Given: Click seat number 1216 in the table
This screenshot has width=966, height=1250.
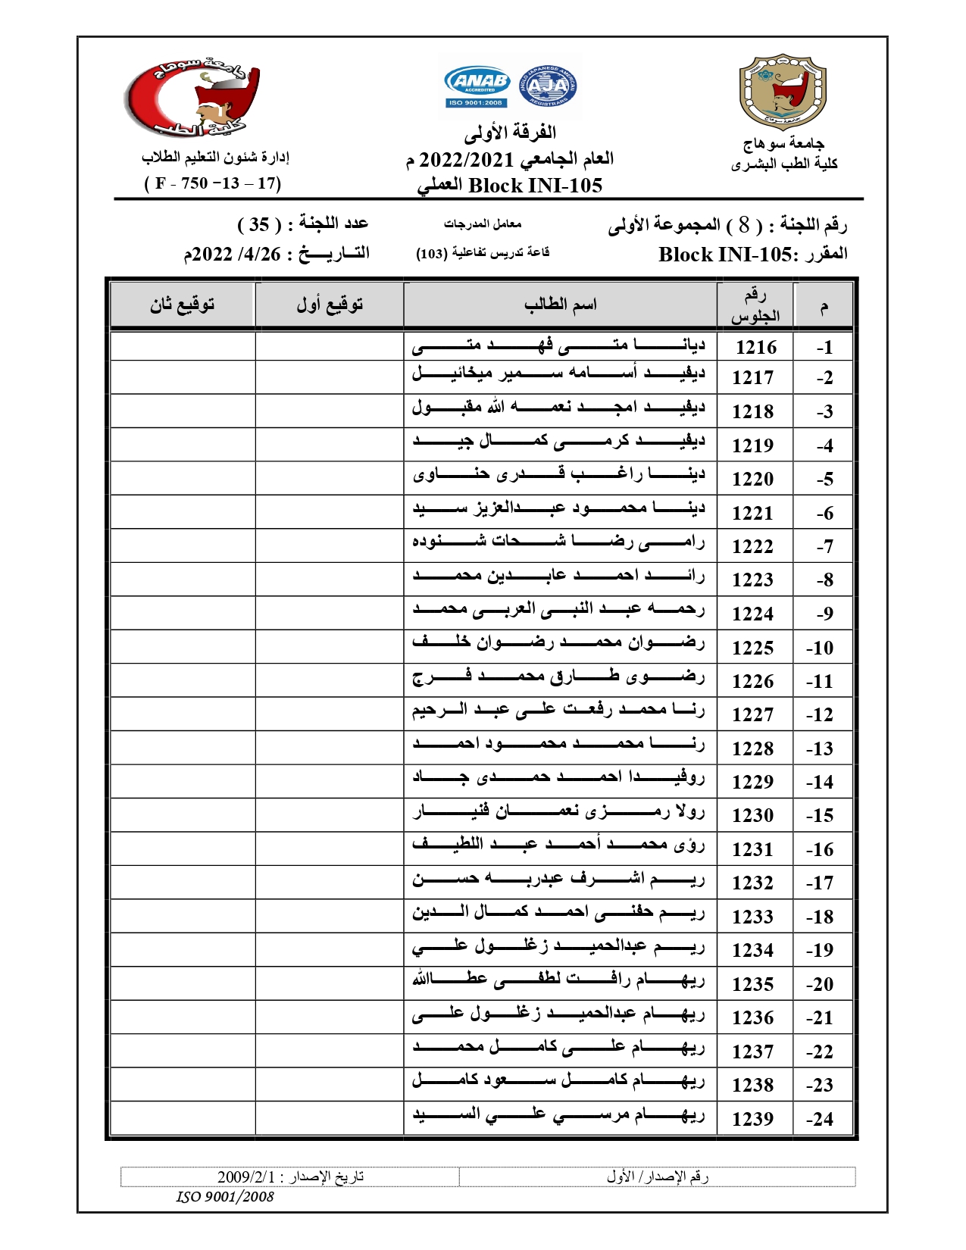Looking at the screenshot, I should [755, 347].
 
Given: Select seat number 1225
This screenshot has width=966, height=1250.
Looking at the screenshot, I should [752, 648].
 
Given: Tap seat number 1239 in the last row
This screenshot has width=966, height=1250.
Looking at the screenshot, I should [752, 1119].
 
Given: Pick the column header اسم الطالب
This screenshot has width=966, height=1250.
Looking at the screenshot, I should [560, 305].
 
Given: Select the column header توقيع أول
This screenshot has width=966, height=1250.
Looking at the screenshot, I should [330, 305].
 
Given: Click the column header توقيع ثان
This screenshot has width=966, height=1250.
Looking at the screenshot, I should [182, 305].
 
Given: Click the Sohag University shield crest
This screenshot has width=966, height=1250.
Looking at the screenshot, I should [783, 91].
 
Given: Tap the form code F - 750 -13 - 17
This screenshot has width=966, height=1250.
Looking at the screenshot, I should [213, 183].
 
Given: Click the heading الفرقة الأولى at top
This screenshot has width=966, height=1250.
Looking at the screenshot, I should [510, 133].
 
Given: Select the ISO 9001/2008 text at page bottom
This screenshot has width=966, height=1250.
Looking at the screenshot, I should [225, 1197].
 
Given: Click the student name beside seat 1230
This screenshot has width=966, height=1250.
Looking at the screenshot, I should [558, 814].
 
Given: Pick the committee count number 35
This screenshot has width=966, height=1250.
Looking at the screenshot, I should [259, 224].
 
